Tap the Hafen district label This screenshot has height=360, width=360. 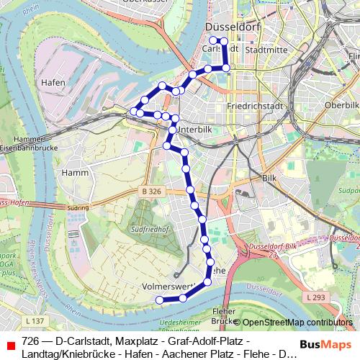click(x=53, y=83)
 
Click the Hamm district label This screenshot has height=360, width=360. click(x=75, y=173)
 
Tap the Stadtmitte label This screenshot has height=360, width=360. click(x=267, y=50)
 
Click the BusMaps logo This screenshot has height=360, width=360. click(x=323, y=344)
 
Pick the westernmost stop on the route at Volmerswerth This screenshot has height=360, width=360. click(x=160, y=300)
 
